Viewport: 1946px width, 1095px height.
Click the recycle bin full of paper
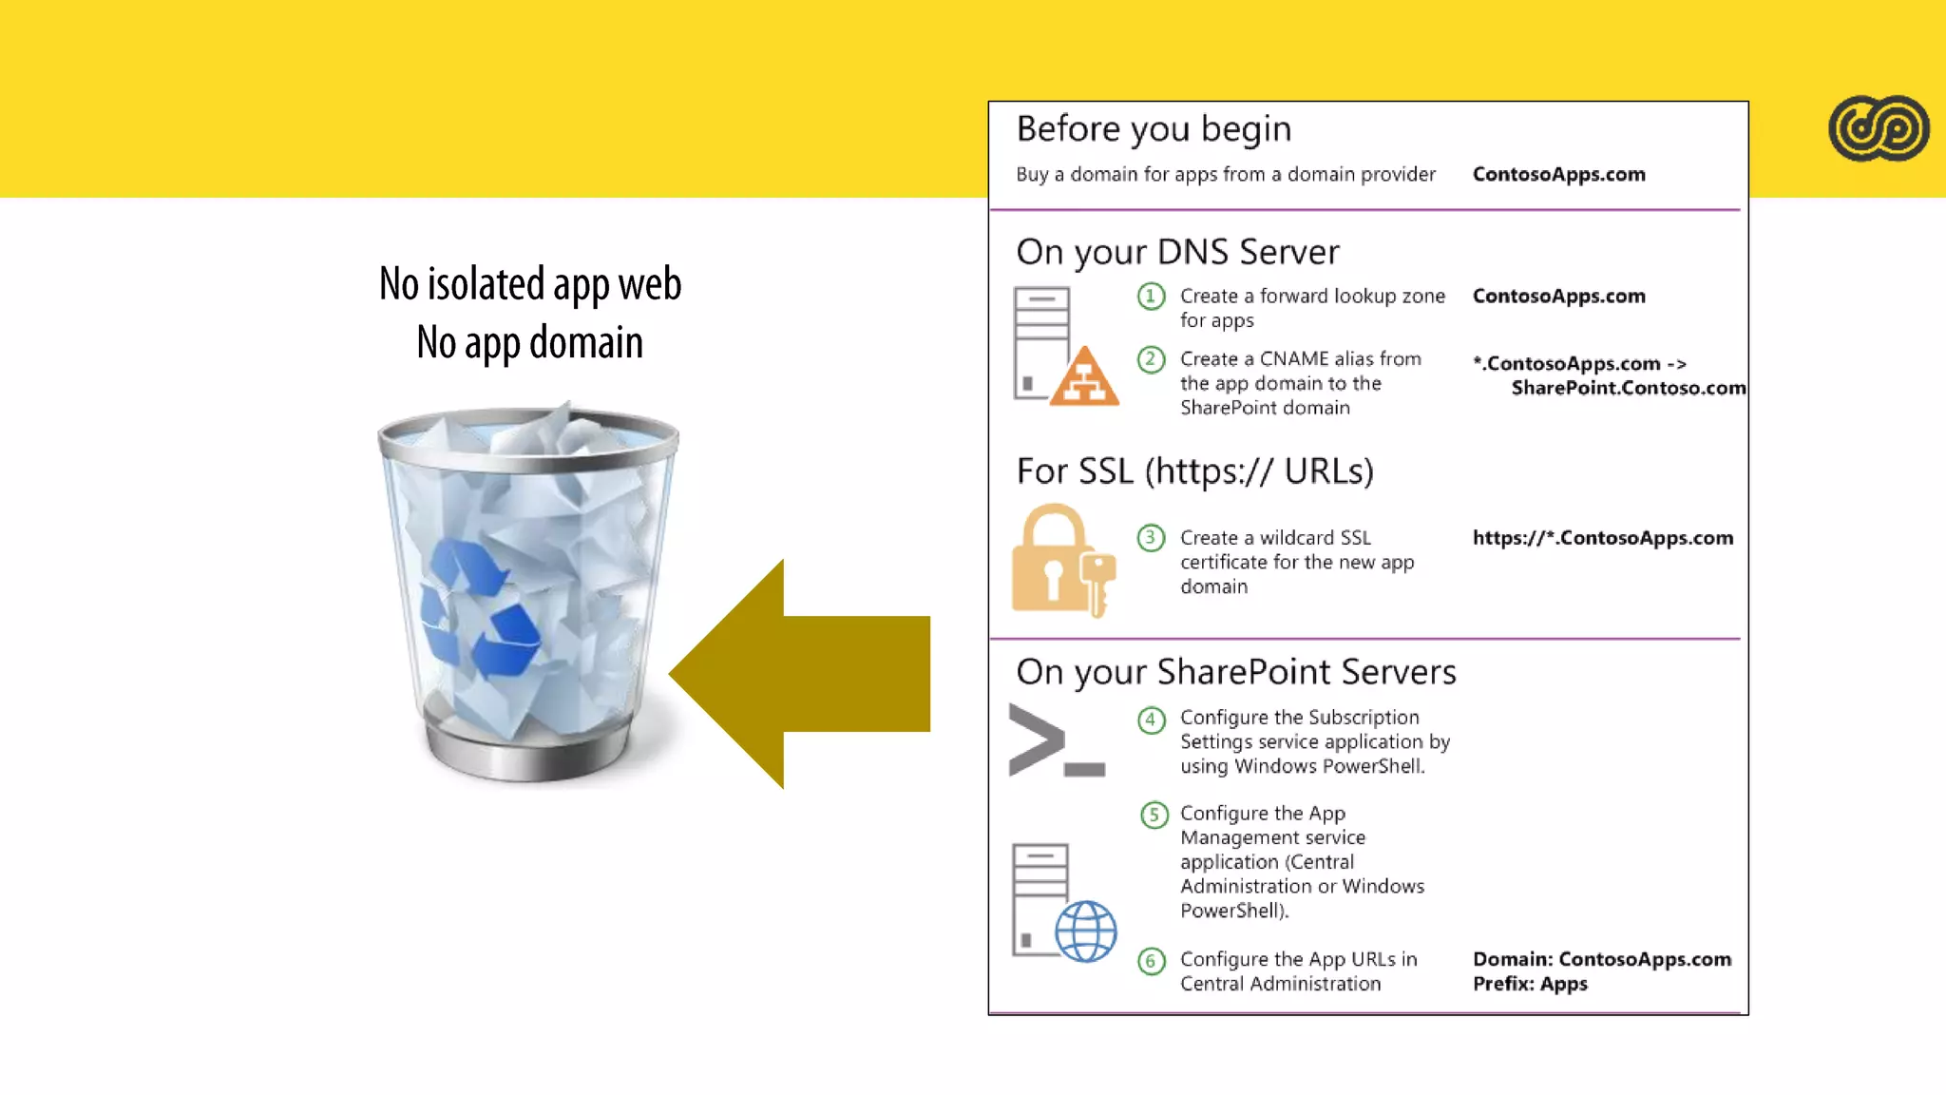pos(528,594)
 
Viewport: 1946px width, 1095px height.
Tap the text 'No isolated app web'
pos(530,283)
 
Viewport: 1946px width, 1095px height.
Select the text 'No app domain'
pos(530,342)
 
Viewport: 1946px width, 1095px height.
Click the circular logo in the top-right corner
pos(1878,128)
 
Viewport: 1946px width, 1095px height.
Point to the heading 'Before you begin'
pos(1154,128)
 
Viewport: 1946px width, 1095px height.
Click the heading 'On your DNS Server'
pos(1177,252)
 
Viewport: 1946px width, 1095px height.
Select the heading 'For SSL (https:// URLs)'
pos(1194,471)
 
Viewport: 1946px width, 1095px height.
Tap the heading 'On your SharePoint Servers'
pos(1235,672)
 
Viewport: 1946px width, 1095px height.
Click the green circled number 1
pos(1151,297)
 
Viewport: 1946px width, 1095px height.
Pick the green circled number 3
pos(1151,538)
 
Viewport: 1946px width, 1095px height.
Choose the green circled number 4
pos(1151,720)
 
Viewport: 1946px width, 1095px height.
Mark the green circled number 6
pos(1151,961)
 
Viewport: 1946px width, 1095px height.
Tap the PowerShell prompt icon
pos(1056,740)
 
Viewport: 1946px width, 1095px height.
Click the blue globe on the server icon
pos(1086,931)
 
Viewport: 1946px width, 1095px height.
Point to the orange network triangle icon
pos(1084,378)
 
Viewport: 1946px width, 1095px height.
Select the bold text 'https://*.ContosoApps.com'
pos(1602,538)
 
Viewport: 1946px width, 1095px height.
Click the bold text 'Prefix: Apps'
pos(1530,984)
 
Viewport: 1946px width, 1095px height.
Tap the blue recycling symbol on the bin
pos(479,608)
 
